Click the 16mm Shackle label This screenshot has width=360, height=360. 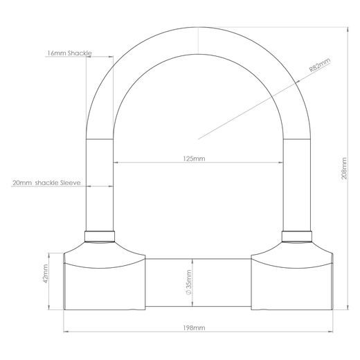[69, 53]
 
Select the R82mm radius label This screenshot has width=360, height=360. [320, 65]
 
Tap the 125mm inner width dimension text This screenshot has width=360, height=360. [194, 159]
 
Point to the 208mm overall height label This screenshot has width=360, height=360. [344, 168]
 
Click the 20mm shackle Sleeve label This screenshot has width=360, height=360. [46, 183]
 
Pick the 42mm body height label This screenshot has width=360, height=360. [45, 273]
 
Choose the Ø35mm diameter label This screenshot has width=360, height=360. [188, 282]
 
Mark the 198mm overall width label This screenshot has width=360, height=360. [194, 327]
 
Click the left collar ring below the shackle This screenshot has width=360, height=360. [100, 236]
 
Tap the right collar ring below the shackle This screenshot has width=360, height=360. [297, 236]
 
